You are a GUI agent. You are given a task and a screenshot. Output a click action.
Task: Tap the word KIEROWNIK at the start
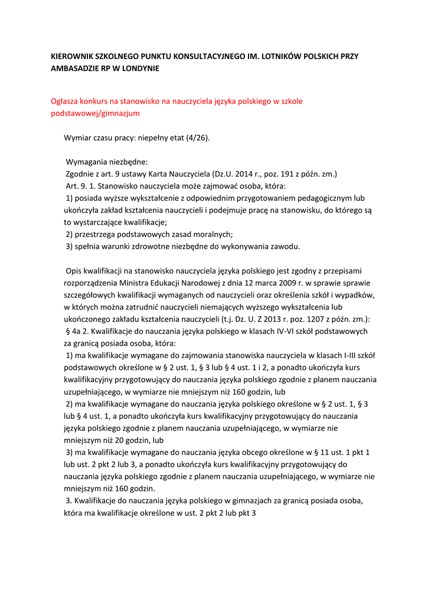pos(70,56)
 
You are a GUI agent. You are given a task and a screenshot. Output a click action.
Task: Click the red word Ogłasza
pos(66,101)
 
